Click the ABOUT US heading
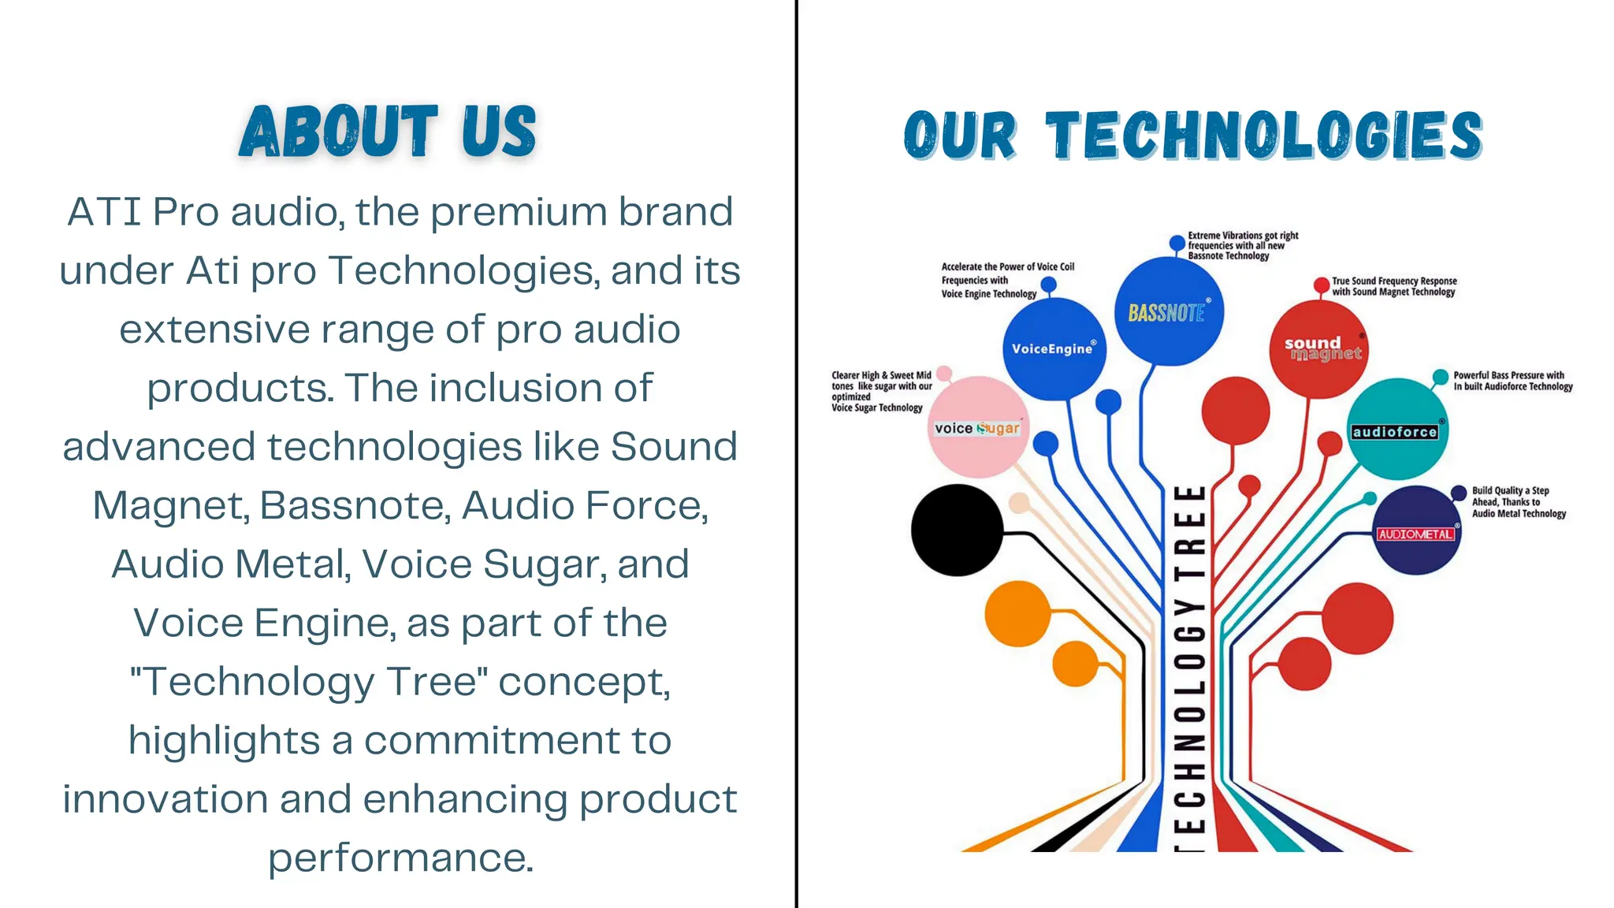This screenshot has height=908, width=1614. tap(388, 131)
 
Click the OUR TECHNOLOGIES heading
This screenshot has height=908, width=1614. tap(1192, 136)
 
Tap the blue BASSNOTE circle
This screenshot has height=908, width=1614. tap(1169, 312)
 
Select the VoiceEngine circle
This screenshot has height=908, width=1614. tap(1054, 348)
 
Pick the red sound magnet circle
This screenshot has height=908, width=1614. tap(1319, 348)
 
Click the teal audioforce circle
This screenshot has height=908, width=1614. tap(1396, 430)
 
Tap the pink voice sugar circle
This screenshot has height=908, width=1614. tap(977, 428)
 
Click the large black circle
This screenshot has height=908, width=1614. tap(956, 530)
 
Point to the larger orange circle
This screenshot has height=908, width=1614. tap(1017, 613)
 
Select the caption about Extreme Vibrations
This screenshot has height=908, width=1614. tap(1242, 245)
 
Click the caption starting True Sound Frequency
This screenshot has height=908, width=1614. tap(1393, 286)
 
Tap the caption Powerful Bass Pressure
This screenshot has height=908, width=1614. tap(1512, 381)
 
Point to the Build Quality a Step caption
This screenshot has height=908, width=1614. tap(1518, 501)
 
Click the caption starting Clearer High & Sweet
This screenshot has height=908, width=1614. tap(881, 391)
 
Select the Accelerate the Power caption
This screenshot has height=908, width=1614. tap(1006, 280)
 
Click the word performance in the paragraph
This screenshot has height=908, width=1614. tap(400, 858)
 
